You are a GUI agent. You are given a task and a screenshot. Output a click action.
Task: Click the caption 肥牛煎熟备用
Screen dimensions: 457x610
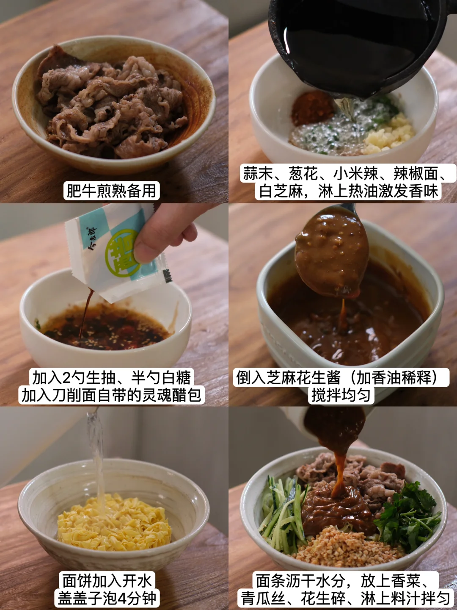click(112, 191)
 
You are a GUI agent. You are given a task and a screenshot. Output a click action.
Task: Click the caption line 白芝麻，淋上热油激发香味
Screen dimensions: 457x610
click(349, 191)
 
